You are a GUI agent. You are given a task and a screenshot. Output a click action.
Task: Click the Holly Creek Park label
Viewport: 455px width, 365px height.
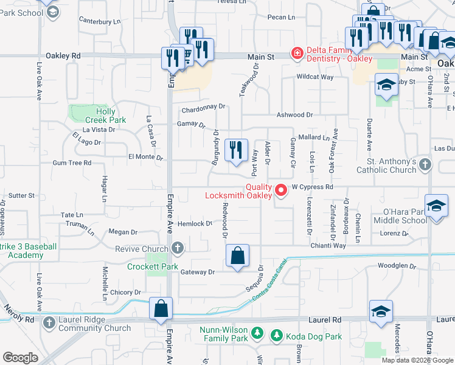[106, 116]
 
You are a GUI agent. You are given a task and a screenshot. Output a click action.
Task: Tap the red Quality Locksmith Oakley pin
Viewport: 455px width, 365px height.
[281, 190]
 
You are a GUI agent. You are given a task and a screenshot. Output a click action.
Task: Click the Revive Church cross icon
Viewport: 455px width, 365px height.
[177, 248]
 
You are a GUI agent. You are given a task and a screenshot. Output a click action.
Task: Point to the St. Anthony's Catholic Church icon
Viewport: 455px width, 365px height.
[425, 165]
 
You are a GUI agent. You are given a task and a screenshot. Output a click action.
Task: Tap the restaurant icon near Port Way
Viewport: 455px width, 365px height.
[236, 150]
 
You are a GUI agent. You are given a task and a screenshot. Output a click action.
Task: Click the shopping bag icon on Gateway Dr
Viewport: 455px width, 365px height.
[238, 255]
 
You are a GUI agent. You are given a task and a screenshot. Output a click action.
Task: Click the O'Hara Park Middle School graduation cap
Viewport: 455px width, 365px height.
[436, 206]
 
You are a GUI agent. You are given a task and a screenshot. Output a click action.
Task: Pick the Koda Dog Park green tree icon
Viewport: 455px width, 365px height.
[276, 335]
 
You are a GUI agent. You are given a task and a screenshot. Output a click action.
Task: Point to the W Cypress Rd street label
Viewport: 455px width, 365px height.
[313, 187]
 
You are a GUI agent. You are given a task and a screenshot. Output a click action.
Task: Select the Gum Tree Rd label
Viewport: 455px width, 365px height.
[72, 163]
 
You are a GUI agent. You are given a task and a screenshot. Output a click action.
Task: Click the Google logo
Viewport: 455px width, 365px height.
[20, 358]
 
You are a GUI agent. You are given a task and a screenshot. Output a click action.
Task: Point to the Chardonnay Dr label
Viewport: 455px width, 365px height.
[204, 106]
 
